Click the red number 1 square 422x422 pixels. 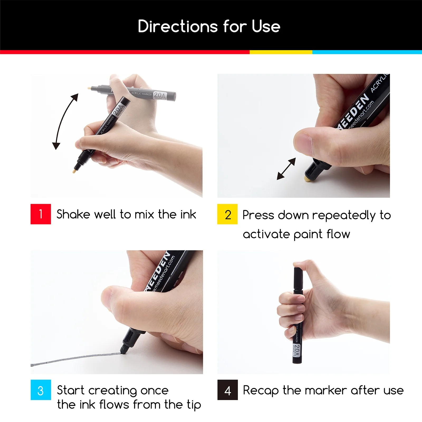coord(41,214)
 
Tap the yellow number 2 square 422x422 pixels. coord(227,214)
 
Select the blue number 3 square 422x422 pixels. coord(41,390)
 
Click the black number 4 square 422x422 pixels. coord(228,390)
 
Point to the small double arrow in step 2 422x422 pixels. coord(286,169)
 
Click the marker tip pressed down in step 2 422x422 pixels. coord(307,179)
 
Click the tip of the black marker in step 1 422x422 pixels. coord(75,171)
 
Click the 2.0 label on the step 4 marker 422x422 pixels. coord(297,350)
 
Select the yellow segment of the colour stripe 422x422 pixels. coord(281,52)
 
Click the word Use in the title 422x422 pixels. coord(266,26)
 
